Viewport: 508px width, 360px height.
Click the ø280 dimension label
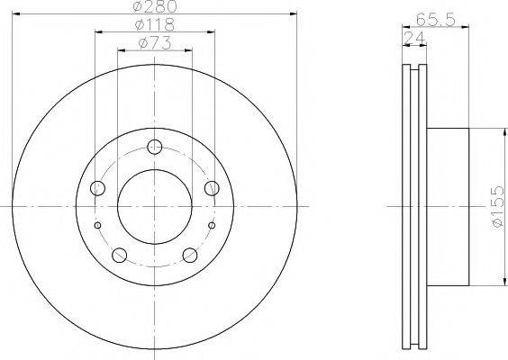pyautogui.click(x=155, y=6)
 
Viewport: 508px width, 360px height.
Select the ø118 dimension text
pyautogui.click(x=155, y=24)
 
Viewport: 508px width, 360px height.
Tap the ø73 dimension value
pyautogui.click(x=155, y=44)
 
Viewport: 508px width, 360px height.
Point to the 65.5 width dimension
pyautogui.click(x=436, y=20)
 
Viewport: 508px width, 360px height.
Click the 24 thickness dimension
pyautogui.click(x=414, y=39)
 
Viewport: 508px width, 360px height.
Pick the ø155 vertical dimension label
pyautogui.click(x=497, y=206)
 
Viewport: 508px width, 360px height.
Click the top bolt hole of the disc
pyautogui.click(x=155, y=147)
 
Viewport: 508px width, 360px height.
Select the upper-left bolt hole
pyautogui.click(x=97, y=188)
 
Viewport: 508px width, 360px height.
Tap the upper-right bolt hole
pyautogui.click(x=212, y=188)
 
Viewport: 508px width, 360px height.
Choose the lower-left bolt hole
pyautogui.click(x=119, y=255)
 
